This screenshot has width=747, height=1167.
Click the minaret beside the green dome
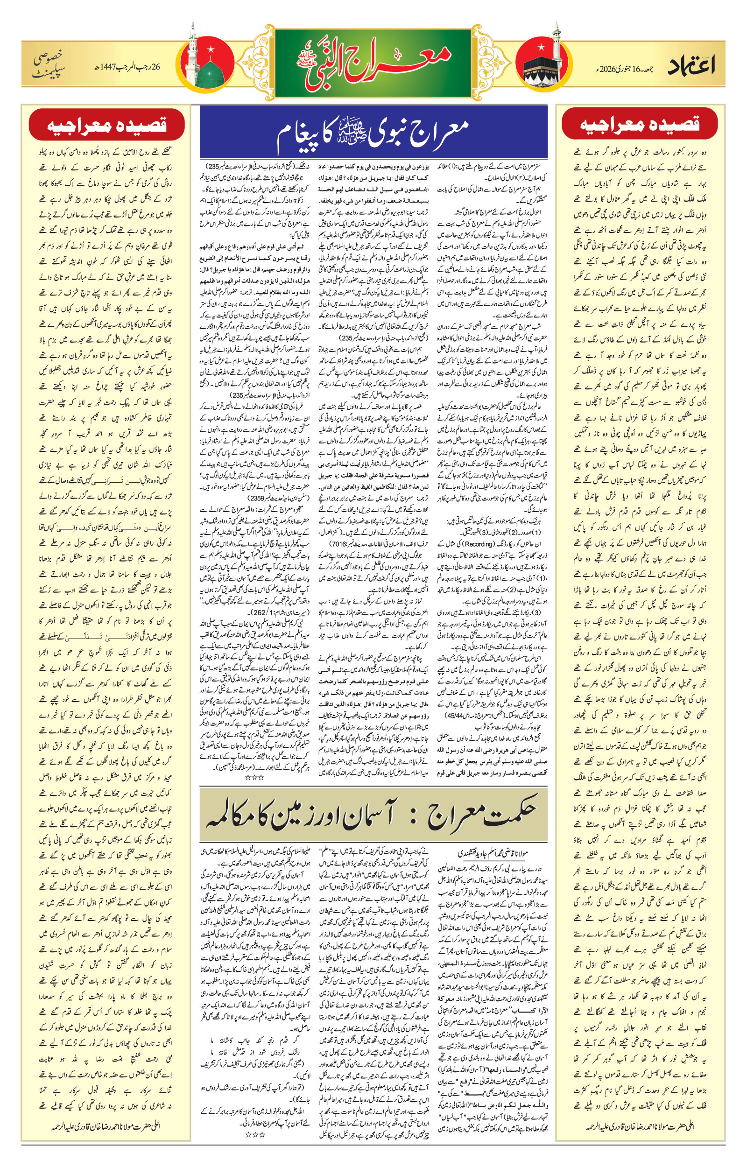point(194,58)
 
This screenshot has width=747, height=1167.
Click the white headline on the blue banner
point(373,133)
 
